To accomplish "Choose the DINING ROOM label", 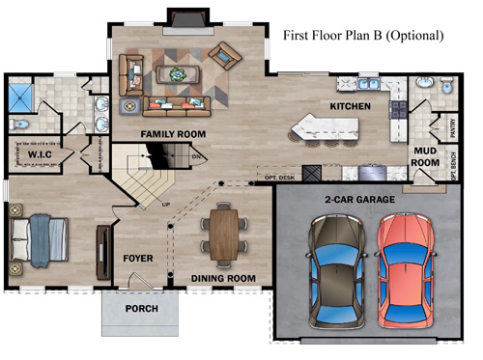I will (223, 279).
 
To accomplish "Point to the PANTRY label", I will (452, 125).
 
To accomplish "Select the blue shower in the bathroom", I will (21, 96).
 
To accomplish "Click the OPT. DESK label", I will (278, 178).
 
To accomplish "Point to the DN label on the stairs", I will (197, 157).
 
